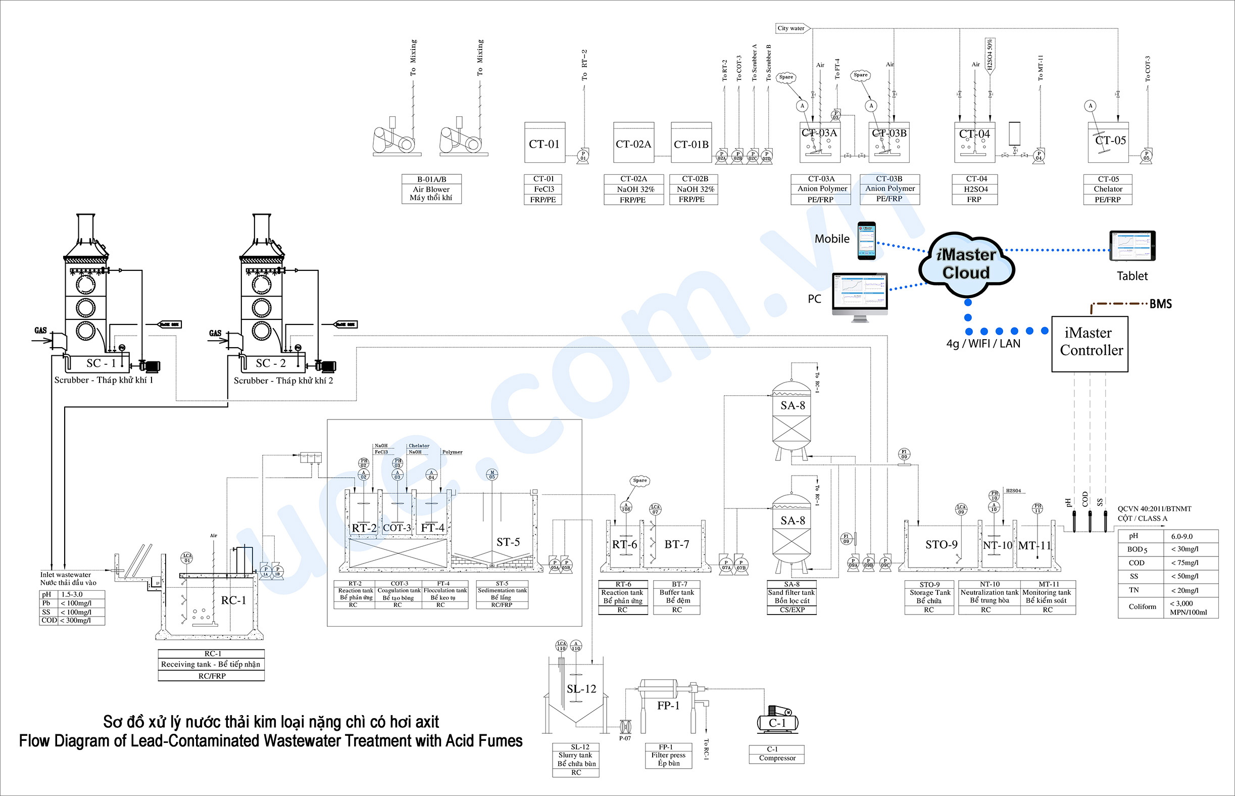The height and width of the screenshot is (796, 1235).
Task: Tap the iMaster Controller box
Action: click(x=1090, y=344)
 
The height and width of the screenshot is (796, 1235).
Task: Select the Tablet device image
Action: click(x=1132, y=246)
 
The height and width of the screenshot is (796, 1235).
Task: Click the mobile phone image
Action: click(x=867, y=241)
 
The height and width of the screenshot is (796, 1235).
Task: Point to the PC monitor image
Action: click(x=860, y=295)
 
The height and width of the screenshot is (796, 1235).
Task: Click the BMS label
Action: click(x=1161, y=304)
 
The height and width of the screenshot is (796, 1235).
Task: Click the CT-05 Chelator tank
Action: click(x=1108, y=142)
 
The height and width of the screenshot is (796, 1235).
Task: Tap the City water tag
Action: click(x=792, y=28)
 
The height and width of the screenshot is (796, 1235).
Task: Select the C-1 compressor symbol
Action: click(x=777, y=721)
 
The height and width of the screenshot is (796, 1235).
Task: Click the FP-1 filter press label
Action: click(x=668, y=706)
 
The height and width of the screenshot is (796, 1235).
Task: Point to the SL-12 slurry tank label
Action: click(x=581, y=689)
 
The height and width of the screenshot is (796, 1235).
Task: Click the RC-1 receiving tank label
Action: click(x=233, y=600)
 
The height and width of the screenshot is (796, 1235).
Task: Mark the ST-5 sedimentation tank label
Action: click(x=508, y=542)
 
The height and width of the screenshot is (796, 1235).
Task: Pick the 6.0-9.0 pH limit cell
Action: click(x=1182, y=537)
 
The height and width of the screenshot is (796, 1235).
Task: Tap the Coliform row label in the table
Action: click(x=1142, y=607)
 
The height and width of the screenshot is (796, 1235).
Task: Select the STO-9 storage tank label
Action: click(x=941, y=545)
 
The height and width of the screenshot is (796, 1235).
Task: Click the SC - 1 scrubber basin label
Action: click(x=101, y=363)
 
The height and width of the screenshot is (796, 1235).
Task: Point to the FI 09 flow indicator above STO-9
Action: click(x=904, y=454)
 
